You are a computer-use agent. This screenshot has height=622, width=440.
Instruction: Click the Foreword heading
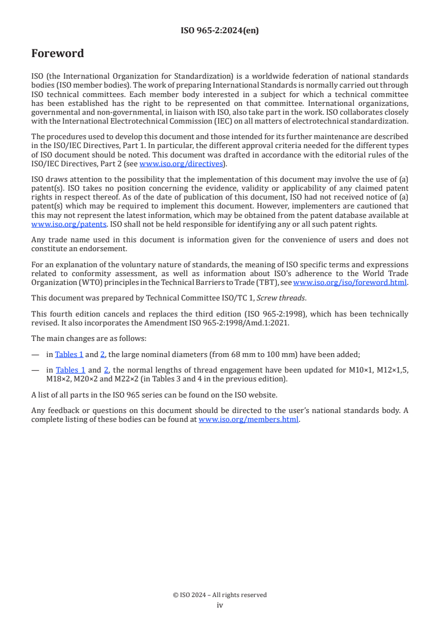click(x=58, y=54)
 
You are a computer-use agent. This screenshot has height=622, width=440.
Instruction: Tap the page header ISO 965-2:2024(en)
click(x=220, y=30)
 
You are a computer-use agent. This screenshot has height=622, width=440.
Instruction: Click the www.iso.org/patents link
click(x=54, y=224)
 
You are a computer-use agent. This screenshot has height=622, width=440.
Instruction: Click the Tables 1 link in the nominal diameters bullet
click(x=69, y=354)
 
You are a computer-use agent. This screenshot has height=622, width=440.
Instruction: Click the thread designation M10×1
click(x=352, y=370)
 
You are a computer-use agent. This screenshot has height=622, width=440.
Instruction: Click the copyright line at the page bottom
click(x=220, y=595)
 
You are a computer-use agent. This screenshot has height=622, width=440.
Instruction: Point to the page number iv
click(x=220, y=605)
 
